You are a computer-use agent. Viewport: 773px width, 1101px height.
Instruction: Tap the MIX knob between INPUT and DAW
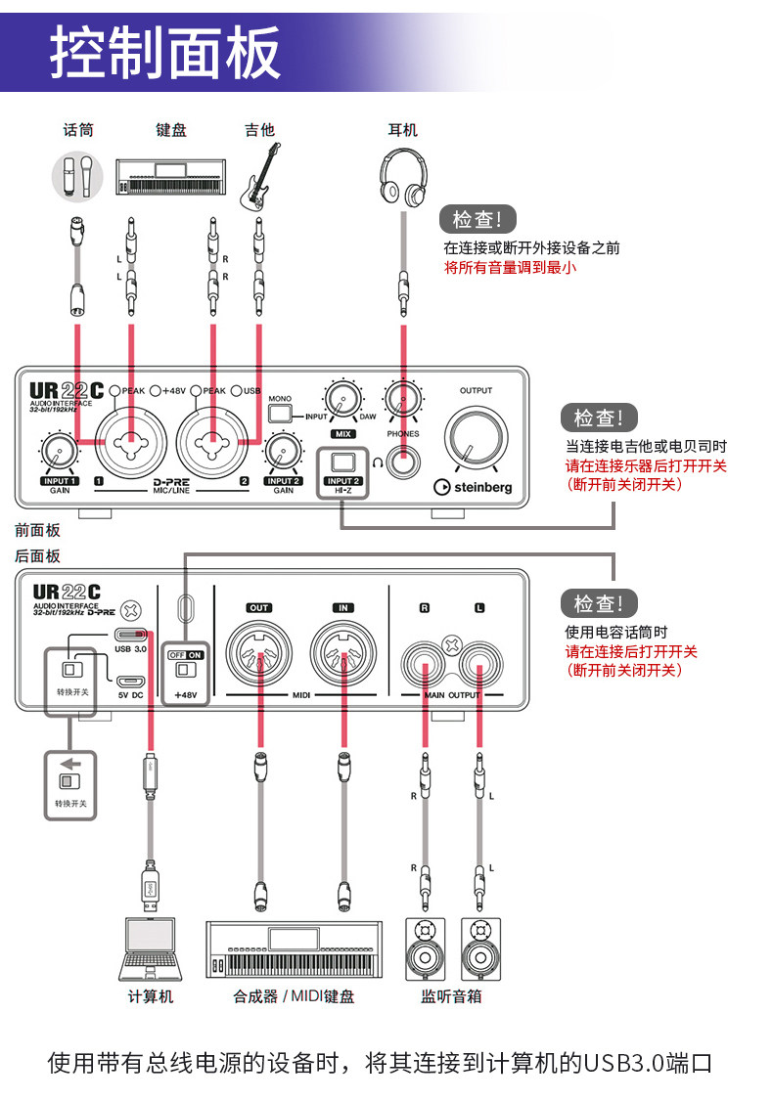point(342,400)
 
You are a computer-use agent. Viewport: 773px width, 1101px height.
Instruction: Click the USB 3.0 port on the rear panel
point(130,634)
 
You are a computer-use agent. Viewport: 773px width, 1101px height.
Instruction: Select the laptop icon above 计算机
point(151,948)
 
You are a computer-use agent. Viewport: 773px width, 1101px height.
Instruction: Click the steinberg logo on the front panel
point(474,487)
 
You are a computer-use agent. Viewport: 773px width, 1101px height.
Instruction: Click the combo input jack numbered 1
point(129,440)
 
